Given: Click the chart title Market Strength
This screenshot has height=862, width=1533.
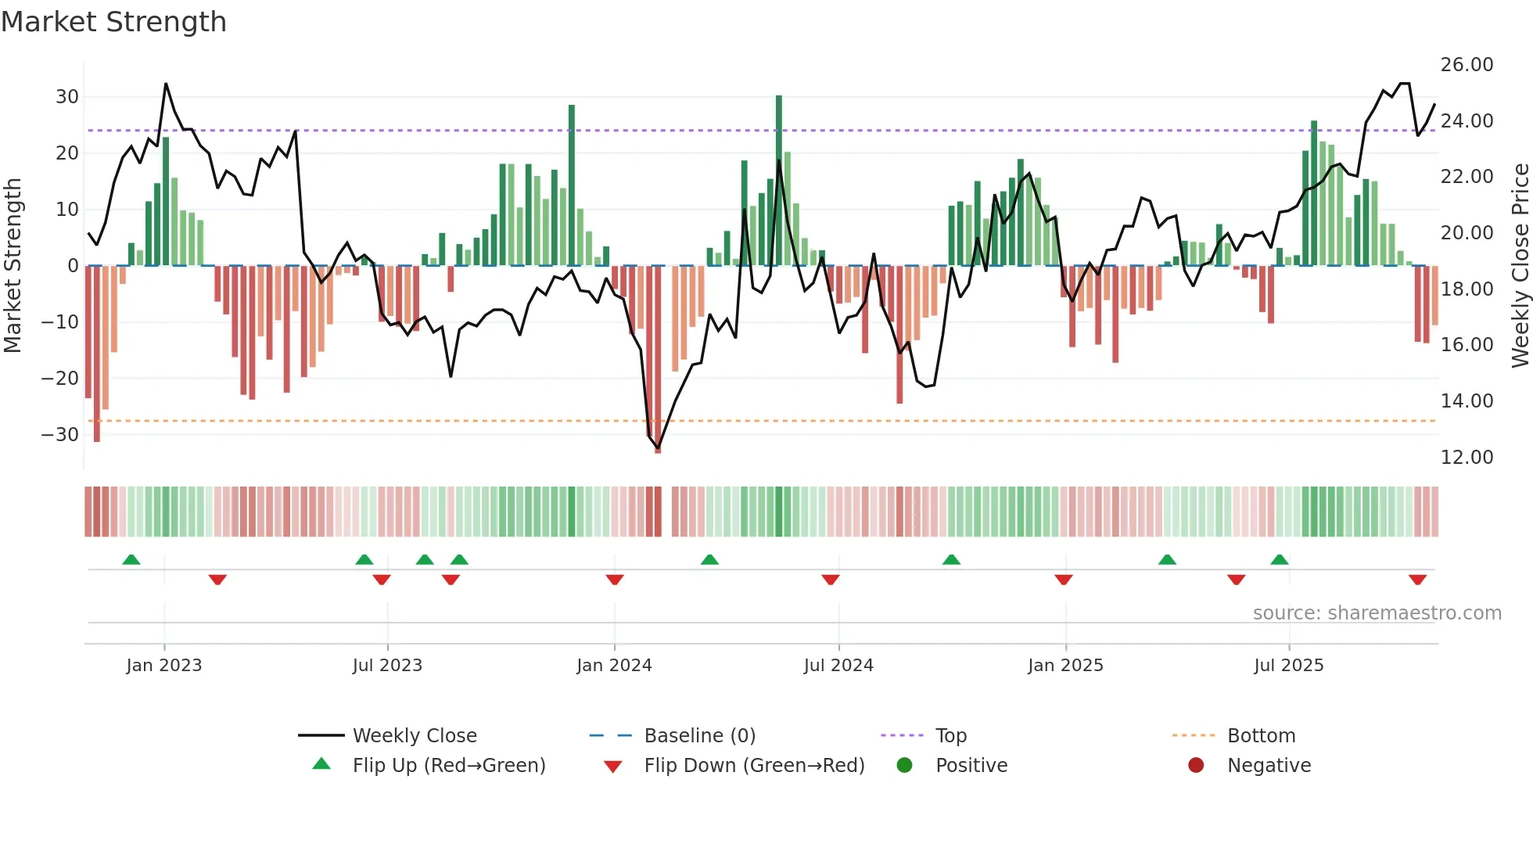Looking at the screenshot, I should (113, 22).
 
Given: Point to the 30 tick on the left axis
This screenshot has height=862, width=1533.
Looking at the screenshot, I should (67, 97).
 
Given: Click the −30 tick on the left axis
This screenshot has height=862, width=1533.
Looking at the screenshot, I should (61, 434).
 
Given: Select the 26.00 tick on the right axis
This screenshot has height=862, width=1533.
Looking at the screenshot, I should (1467, 65).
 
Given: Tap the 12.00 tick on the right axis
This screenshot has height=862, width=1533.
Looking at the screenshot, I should (1467, 458).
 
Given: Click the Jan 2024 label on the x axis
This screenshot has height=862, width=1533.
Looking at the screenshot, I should (614, 666).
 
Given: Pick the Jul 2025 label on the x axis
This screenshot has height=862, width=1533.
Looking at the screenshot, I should (1288, 666).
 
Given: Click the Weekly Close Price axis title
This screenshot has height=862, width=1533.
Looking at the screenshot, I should (1520, 266).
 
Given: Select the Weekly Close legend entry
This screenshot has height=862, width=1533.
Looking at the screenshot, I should (415, 736).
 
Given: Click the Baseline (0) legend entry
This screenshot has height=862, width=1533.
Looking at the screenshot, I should (699, 736).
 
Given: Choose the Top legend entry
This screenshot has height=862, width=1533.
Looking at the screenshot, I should (951, 736).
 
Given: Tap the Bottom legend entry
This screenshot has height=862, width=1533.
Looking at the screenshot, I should (1261, 736).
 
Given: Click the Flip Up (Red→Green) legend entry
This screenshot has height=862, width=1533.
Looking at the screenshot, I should (449, 766).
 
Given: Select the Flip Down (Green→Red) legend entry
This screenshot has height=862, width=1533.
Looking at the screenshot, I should (754, 766).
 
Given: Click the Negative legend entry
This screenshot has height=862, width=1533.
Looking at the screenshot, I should (1269, 766).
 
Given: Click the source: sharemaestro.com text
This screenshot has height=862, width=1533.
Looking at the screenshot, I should (1377, 613).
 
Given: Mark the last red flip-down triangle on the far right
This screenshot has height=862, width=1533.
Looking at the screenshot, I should (1417, 580).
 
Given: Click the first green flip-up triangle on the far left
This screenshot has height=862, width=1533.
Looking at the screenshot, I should (131, 559).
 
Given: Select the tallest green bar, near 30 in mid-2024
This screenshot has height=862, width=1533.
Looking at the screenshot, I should (779, 180).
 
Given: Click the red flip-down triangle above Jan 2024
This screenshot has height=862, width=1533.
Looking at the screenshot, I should (615, 580).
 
